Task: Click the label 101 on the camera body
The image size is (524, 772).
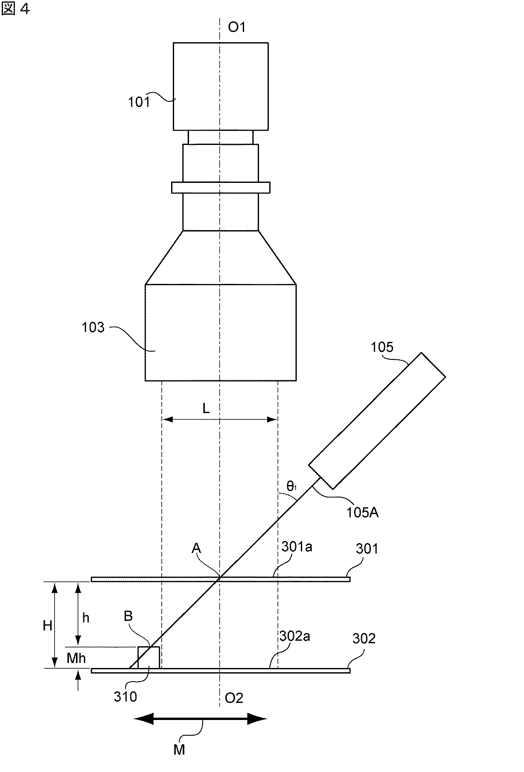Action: coord(139,102)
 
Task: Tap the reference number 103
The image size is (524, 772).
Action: coord(93,327)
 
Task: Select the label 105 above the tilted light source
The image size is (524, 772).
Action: coord(382,347)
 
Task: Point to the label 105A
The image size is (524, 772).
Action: coord(363,512)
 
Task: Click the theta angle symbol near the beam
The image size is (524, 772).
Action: coord(291,486)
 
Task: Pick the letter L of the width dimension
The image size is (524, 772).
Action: coord(206,409)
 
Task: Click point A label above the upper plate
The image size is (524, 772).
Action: coord(196,548)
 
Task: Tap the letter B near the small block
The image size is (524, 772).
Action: coord(128,616)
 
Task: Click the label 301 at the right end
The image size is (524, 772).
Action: coord(367,548)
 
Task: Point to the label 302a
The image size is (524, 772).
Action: coord(294,636)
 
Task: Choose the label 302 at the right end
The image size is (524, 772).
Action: coord(364,639)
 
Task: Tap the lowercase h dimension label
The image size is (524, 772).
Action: coord(86,618)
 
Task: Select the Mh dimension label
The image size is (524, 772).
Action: coord(76,658)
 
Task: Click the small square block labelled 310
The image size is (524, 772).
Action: coord(148,657)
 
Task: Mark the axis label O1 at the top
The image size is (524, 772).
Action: coord(237,27)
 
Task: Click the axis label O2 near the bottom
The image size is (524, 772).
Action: coord(234,698)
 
